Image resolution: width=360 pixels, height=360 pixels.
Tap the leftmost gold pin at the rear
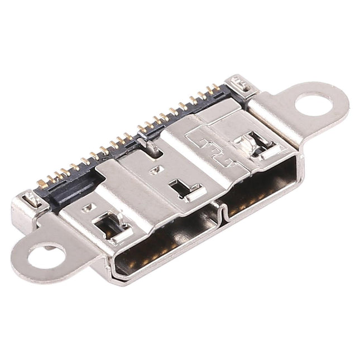42,183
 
